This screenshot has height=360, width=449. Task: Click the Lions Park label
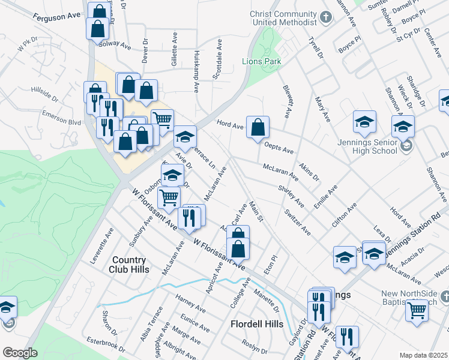261,61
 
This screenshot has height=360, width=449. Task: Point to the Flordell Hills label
257,324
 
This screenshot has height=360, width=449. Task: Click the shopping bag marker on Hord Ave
258,127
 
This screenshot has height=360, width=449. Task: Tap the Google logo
20,353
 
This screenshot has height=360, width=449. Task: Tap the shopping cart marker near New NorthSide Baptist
417,310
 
